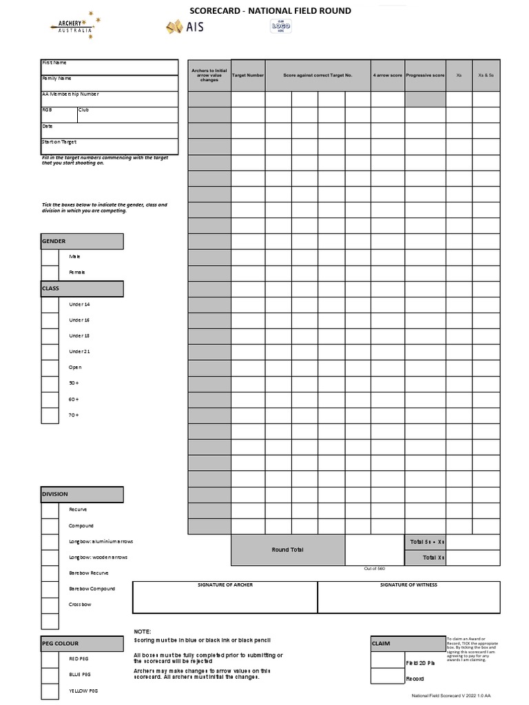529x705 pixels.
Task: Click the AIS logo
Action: click(x=185, y=28)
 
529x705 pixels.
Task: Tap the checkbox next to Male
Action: click(x=50, y=257)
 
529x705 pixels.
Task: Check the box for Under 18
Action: click(x=50, y=336)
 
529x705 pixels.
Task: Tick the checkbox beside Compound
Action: click(x=50, y=526)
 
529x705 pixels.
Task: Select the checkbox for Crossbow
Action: click(x=50, y=605)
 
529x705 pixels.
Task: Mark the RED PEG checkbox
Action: click(x=50, y=659)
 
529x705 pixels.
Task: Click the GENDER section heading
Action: click(x=82, y=241)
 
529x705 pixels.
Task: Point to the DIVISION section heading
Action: click(x=82, y=494)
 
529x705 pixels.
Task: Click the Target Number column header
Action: click(x=248, y=75)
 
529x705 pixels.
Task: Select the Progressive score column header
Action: click(x=425, y=75)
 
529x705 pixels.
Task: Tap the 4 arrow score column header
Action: click(x=387, y=75)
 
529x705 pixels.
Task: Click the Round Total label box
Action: click(x=287, y=550)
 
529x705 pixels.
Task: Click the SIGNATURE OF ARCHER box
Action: click(x=225, y=597)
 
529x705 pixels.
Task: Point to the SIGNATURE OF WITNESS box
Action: click(x=408, y=597)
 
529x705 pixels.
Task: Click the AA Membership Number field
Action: click(x=110, y=98)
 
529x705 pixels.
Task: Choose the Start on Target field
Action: click(x=110, y=146)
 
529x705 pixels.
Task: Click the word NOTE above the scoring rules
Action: click(x=142, y=631)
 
